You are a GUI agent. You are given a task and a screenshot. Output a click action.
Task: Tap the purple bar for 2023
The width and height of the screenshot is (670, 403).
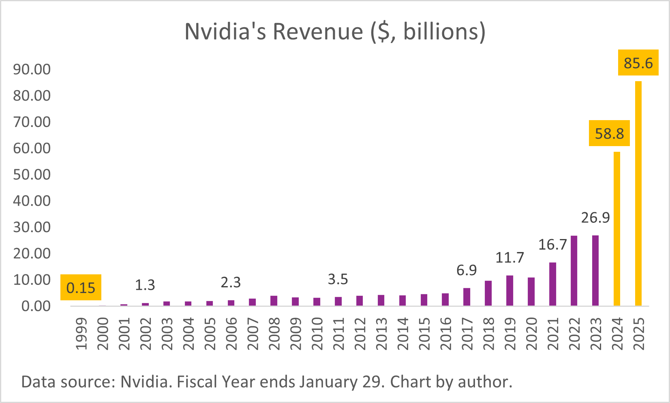pos(595,270)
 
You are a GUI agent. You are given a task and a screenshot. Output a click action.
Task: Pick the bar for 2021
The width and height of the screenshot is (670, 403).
pos(552,284)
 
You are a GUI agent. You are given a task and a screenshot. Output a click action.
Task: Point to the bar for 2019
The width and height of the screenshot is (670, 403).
pos(509,291)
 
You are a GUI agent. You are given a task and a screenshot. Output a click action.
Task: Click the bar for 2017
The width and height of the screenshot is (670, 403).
pos(467,297)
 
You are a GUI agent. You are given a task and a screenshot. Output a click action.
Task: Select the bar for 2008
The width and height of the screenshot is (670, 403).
pos(274,301)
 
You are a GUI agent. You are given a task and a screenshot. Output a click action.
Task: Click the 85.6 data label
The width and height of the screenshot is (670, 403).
pos(638,63)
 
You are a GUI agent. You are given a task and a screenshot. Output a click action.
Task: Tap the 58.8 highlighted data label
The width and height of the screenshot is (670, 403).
pos(609,134)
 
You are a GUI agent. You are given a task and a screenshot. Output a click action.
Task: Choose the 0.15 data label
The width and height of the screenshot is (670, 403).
pos(81,288)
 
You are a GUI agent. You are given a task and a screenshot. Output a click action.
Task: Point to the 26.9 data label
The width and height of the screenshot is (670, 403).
pos(595,218)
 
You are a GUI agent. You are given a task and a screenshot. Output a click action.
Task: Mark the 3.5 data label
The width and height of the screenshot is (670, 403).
pos(338,279)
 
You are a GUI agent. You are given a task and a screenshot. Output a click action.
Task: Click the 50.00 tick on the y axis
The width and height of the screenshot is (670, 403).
pos(32,175)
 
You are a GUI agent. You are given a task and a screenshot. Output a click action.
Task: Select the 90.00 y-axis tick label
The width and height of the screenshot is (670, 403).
pos(32,69)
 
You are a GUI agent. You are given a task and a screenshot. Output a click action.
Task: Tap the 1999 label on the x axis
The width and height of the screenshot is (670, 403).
pos(81,334)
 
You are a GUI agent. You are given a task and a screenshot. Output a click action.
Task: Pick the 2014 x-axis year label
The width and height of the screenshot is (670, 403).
pos(403,334)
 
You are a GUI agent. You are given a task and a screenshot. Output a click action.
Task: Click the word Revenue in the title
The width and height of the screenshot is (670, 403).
pos(318,32)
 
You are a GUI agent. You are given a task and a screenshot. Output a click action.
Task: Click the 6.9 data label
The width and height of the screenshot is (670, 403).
pos(467,270)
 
